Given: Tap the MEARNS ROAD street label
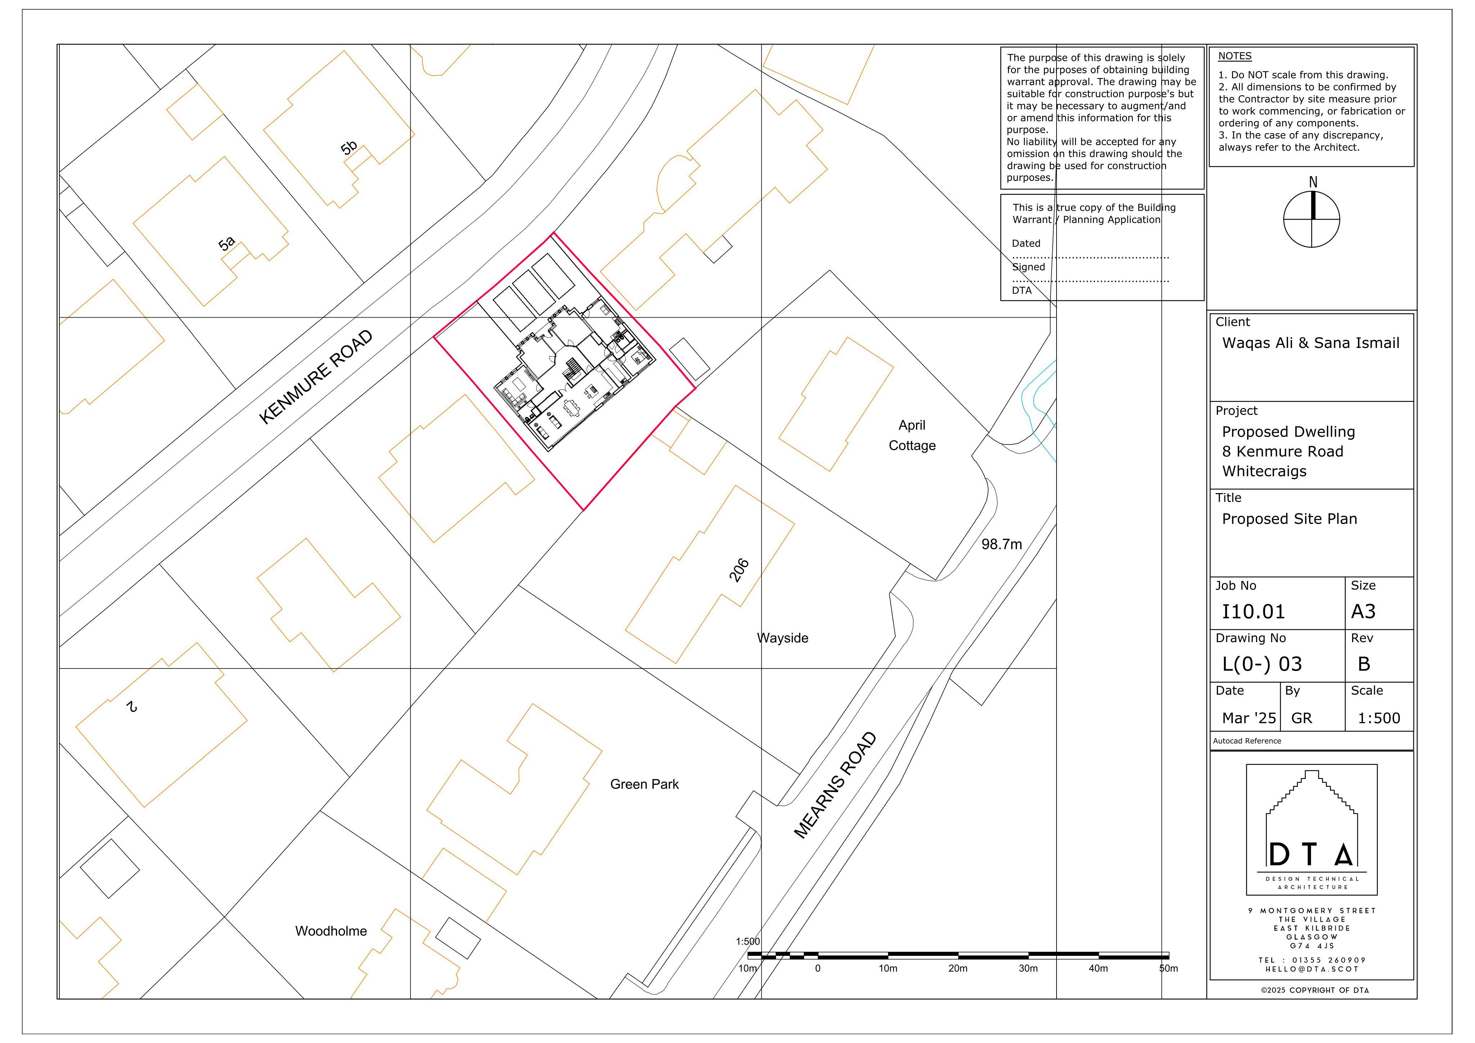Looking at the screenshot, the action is click(x=835, y=785).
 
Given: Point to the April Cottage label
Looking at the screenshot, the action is click(x=912, y=435).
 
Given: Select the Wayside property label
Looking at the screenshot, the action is click(x=783, y=638).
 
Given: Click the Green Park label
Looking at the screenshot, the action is click(x=644, y=784).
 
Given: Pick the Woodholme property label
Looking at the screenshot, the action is click(x=331, y=931).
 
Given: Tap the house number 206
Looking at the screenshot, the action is click(x=739, y=570).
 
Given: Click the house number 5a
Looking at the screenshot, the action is click(x=227, y=243).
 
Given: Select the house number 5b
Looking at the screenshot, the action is click(x=349, y=148).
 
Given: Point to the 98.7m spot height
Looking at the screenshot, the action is click(x=1001, y=544).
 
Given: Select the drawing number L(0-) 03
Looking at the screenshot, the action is click(x=1262, y=664).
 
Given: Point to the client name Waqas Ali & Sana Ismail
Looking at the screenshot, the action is click(x=1310, y=343).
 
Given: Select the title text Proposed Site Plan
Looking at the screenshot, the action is click(x=1289, y=519).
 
